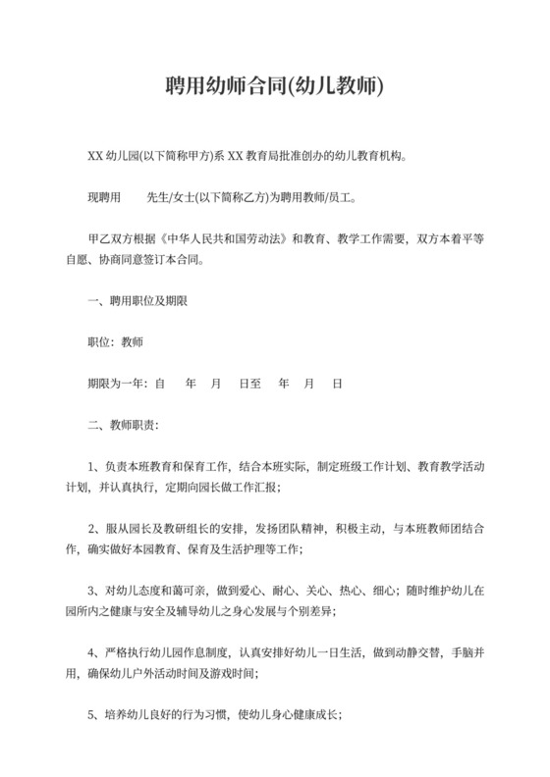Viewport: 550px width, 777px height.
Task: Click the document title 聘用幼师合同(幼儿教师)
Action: [x=274, y=87]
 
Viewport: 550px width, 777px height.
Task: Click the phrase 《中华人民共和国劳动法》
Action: [x=221, y=238]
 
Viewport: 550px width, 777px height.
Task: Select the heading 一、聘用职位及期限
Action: [x=132, y=301]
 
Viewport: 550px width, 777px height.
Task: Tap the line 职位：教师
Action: [x=115, y=342]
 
